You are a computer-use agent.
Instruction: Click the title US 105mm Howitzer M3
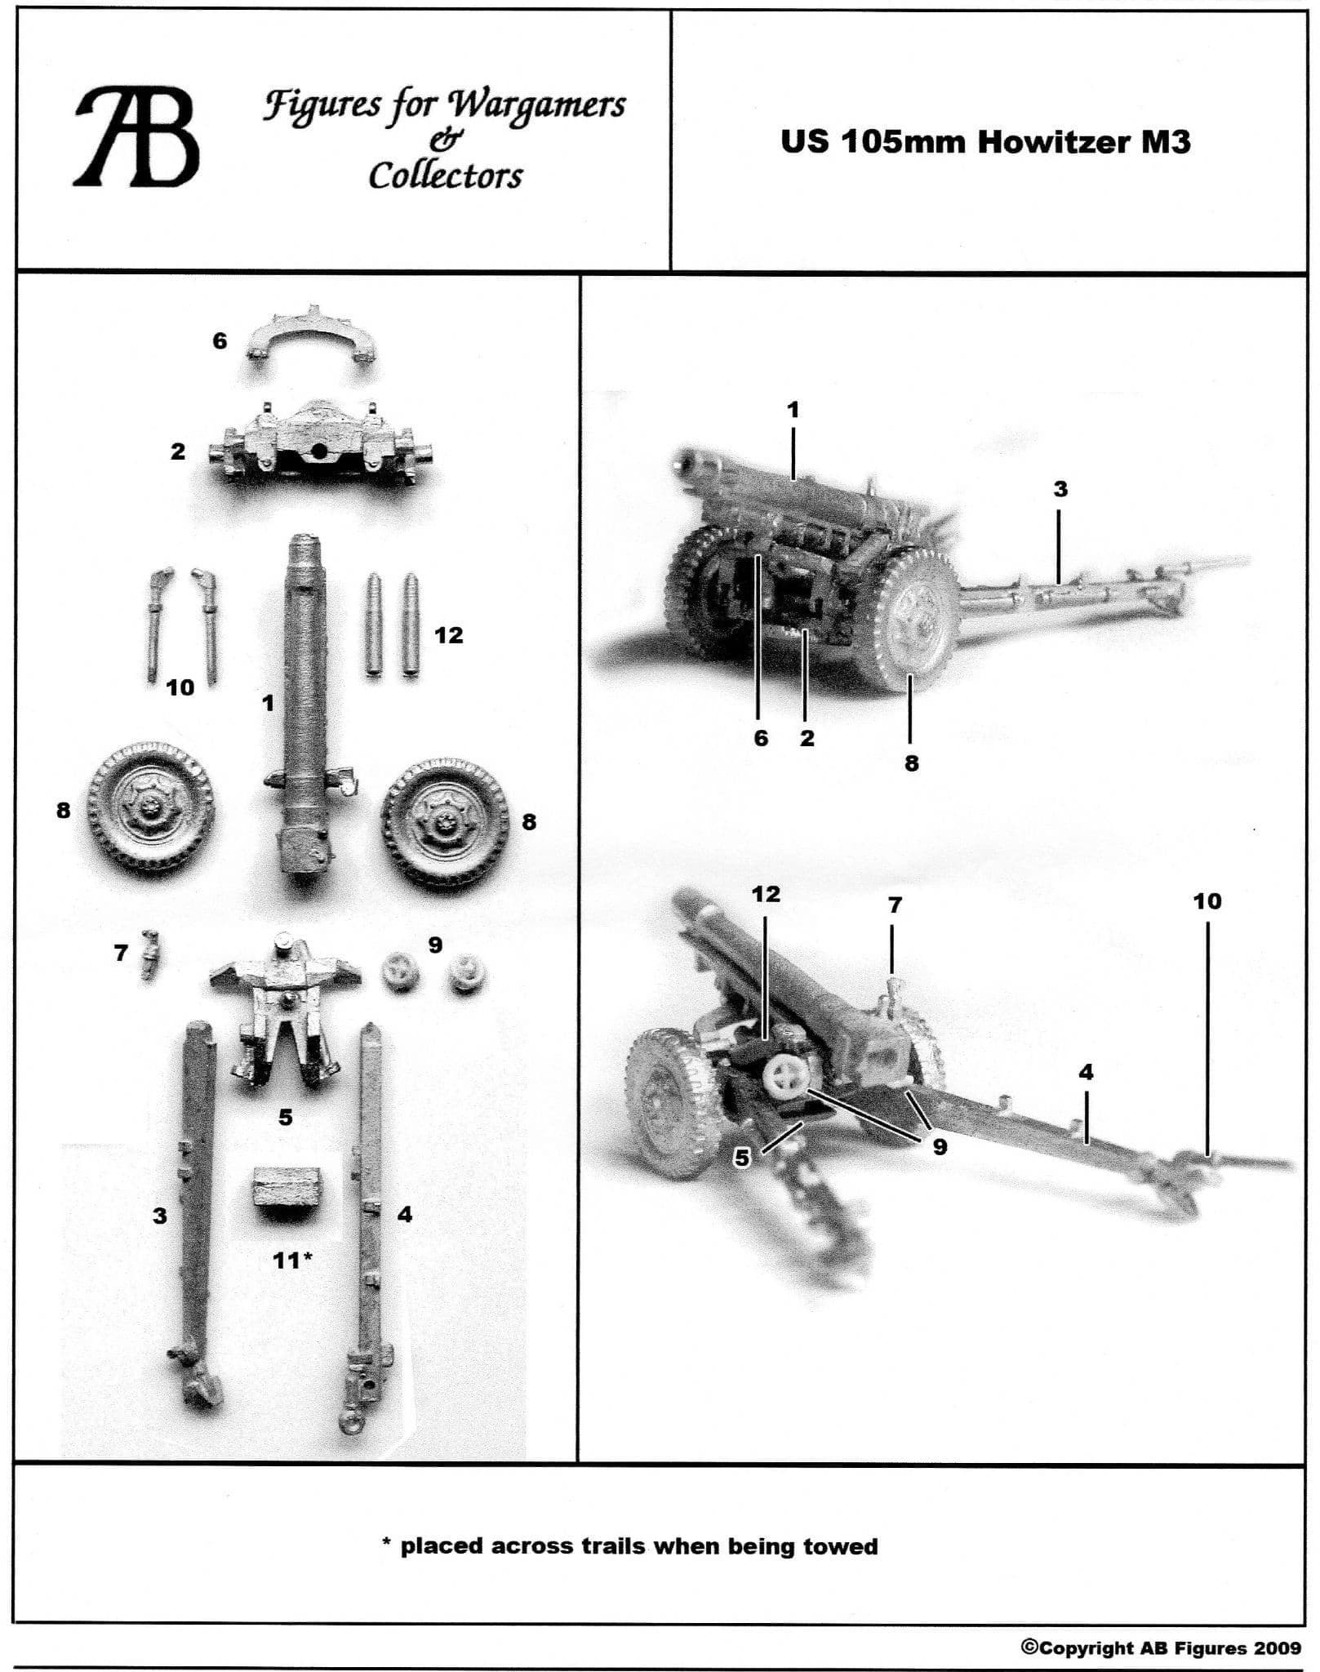point(985,141)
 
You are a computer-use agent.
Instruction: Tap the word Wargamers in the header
point(536,105)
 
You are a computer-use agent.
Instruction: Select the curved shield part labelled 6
point(313,335)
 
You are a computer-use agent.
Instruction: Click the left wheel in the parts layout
point(152,812)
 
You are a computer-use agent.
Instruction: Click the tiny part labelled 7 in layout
point(149,954)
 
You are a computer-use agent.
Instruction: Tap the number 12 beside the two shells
point(448,634)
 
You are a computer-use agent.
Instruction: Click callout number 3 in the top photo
point(1060,490)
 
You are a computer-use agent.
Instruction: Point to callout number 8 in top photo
point(912,763)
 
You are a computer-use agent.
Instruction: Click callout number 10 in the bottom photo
point(1207,901)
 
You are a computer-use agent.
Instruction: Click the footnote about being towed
point(630,1546)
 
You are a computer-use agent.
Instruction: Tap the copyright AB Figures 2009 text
point(1160,1648)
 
